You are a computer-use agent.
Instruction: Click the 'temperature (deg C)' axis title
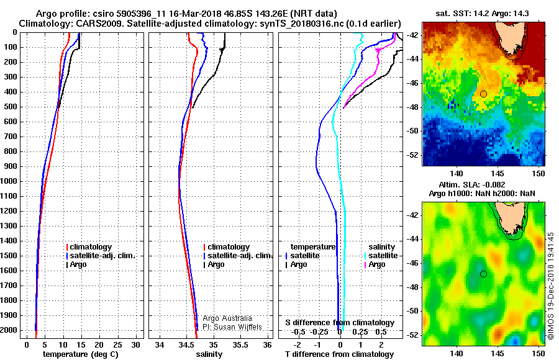point(81,354)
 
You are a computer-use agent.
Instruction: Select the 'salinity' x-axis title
point(209,354)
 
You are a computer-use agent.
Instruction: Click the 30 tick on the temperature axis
point(136,344)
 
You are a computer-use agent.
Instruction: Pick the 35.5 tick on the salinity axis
point(240,344)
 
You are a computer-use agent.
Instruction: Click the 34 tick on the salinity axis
point(160,344)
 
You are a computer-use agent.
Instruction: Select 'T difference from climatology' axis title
point(340,354)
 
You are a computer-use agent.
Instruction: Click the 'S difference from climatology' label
point(340,323)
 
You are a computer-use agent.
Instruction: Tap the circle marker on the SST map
point(483,94)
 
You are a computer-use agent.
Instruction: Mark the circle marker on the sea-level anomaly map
point(483,274)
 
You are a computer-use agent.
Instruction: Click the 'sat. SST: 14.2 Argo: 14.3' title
point(482,14)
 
